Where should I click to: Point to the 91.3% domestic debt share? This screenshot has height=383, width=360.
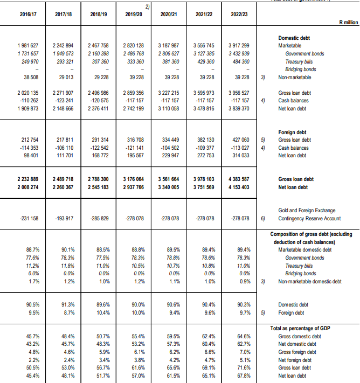[x=63, y=304]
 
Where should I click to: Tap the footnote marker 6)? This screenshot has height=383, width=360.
[x=263, y=219]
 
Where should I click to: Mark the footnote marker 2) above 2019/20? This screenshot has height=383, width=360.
[x=147, y=5]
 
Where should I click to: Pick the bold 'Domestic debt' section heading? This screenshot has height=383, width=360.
[x=294, y=38]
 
